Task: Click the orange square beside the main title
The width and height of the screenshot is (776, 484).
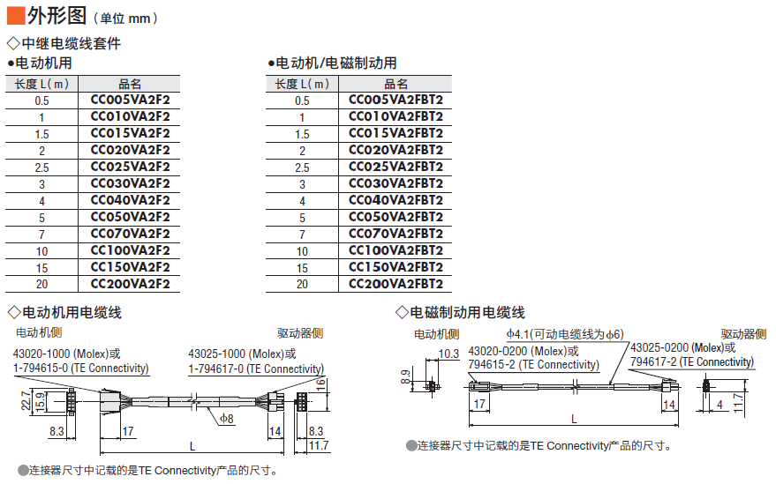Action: pyautogui.click(x=16, y=15)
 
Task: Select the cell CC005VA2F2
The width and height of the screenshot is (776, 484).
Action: pyautogui.click(x=130, y=100)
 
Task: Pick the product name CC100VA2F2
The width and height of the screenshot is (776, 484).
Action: pyautogui.click(x=130, y=250)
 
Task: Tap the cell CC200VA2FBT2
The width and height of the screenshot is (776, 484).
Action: pyautogui.click(x=396, y=284)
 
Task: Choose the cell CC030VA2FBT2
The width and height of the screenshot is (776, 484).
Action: pyautogui.click(x=396, y=183)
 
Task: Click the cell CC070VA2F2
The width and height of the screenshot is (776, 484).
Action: pyautogui.click(x=130, y=234)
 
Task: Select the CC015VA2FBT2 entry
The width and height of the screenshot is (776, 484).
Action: pyautogui.click(x=396, y=133)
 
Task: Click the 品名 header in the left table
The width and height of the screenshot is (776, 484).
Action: pyautogui.click(x=130, y=84)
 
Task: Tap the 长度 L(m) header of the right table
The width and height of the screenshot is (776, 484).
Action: pyautogui.click(x=302, y=84)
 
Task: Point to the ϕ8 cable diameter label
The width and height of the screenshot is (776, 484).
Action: pyautogui.click(x=227, y=419)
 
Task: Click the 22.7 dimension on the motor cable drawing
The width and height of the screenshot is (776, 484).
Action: pyautogui.click(x=26, y=401)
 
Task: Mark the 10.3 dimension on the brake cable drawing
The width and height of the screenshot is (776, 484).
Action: pyautogui.click(x=448, y=354)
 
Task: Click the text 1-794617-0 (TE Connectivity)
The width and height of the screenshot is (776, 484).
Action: pyautogui.click(x=256, y=369)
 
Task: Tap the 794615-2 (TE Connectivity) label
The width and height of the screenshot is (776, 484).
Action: pyautogui.click(x=534, y=364)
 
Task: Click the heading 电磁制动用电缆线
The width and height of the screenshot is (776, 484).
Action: pyautogui.click(x=467, y=312)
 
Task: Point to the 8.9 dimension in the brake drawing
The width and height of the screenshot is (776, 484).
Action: pyautogui.click(x=405, y=377)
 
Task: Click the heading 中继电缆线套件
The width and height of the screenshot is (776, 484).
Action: pyautogui.click(x=72, y=43)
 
